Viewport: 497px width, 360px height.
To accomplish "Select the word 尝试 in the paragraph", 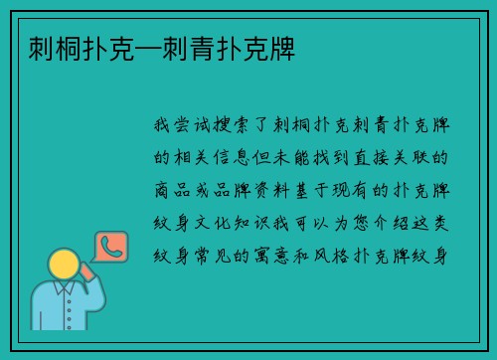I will pos(192,125).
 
